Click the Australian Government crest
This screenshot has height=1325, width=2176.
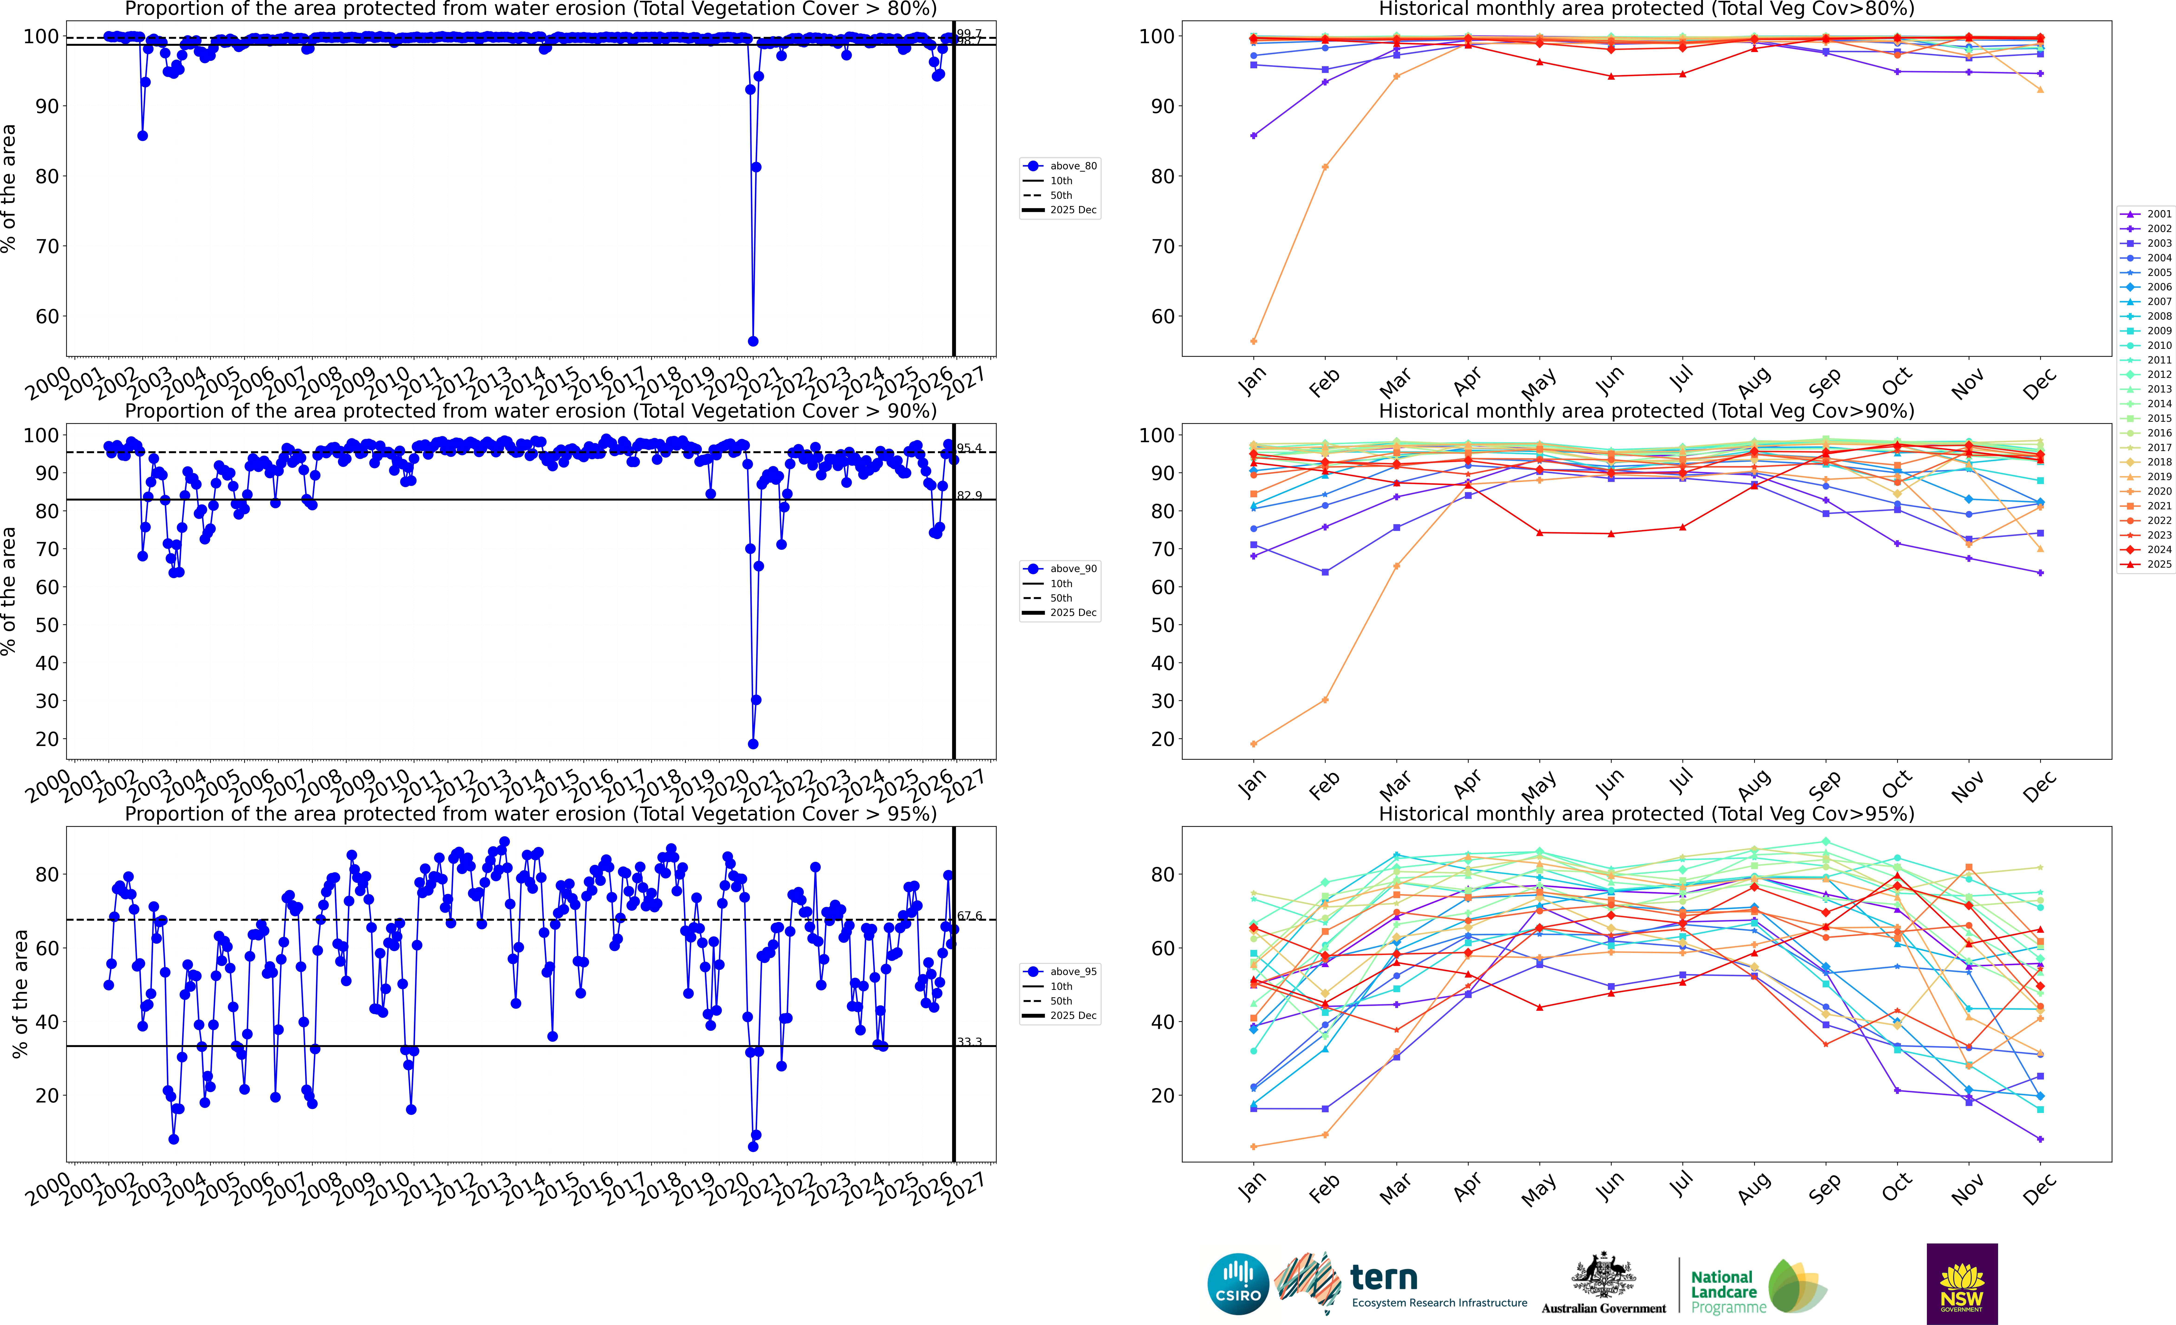pyautogui.click(x=1603, y=1276)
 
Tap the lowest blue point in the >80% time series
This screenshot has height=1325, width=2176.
pyautogui.click(x=752, y=341)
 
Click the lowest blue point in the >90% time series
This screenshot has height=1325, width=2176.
pyautogui.click(x=752, y=744)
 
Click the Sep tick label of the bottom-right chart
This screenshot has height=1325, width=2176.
pyautogui.click(x=1825, y=1189)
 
